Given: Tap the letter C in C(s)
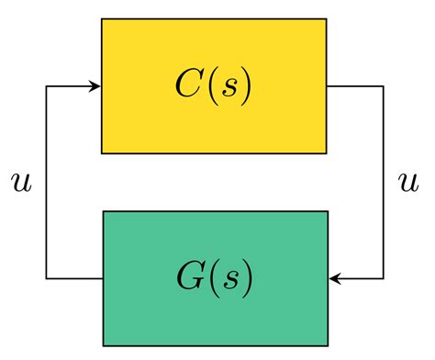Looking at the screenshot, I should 189,85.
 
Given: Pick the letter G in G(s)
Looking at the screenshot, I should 189,278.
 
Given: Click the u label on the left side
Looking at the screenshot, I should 20,182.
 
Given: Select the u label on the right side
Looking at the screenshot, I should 407,182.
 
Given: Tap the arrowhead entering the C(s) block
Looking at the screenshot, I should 95,86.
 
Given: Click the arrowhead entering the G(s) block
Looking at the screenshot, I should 334,278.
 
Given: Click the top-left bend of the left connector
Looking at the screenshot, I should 46,86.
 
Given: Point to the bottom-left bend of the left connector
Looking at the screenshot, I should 46,278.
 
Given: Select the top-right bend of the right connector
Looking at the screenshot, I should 384,86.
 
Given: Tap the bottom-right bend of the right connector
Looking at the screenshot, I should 384,278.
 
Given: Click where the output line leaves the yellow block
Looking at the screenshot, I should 329,86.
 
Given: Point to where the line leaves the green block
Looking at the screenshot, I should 102,278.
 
